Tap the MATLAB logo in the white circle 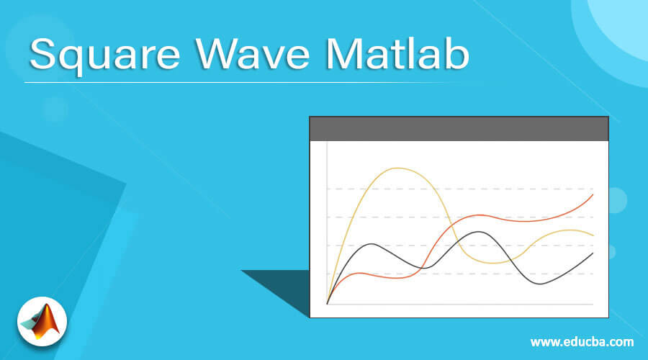tap(42, 320)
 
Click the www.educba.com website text tap(582, 341)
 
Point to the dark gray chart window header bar tap(459, 129)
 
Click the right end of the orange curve tap(593, 194)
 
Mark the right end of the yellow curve tap(593, 235)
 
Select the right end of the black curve tap(593, 253)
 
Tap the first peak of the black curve tap(373, 244)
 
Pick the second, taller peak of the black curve tap(478, 232)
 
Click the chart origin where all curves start tap(328, 304)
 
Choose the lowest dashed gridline tap(461, 274)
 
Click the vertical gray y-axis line tap(328, 216)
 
